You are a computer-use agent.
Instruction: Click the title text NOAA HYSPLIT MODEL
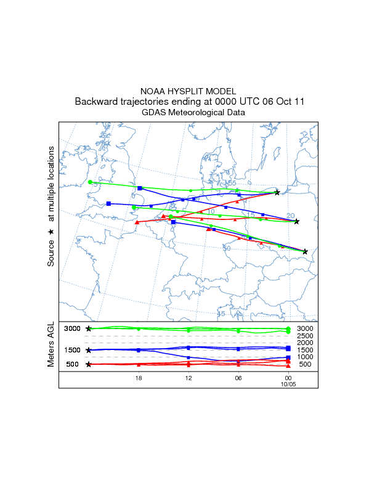(188, 91)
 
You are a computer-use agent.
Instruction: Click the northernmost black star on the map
(277, 192)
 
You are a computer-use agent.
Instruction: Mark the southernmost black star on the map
(305, 251)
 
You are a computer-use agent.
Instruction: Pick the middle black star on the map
(296, 221)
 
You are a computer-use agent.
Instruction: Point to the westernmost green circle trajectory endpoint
(90, 182)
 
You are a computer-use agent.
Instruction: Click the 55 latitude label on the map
(232, 183)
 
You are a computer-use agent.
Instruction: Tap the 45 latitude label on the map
(222, 314)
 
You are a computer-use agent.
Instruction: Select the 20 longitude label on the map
(291, 216)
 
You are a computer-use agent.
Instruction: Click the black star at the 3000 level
(89, 328)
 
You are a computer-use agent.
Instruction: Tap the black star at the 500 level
(89, 364)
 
